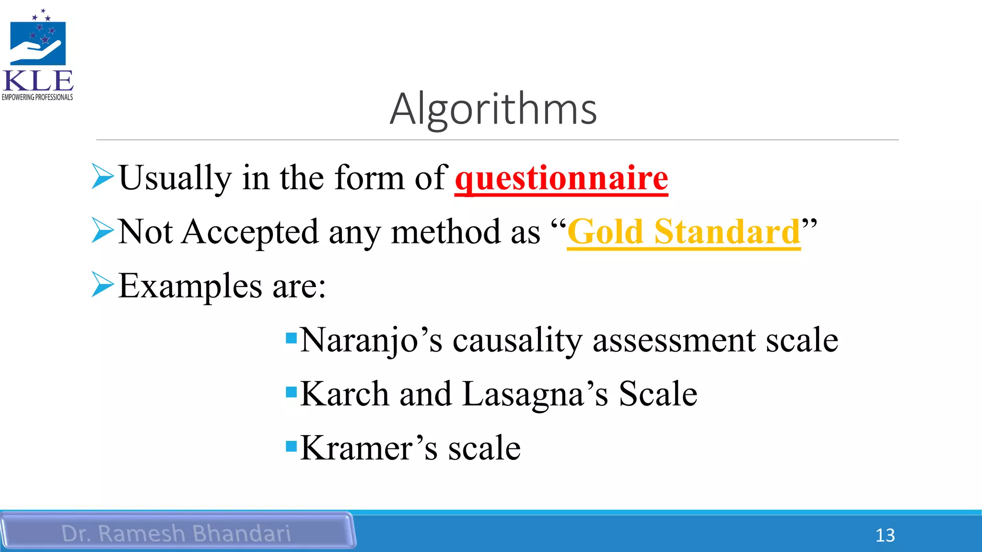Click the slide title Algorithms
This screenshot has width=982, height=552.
[493, 109]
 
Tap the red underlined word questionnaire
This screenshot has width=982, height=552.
[561, 178]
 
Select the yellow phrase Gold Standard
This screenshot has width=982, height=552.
[683, 232]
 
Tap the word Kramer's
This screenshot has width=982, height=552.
[369, 448]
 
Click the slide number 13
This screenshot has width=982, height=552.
[885, 535]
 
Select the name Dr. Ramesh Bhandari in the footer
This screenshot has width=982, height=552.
[176, 533]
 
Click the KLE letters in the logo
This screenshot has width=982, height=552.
[38, 80]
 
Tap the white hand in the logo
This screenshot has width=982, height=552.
[35, 51]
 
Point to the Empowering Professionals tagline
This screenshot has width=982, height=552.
[37, 97]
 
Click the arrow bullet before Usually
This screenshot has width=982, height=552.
[102, 176]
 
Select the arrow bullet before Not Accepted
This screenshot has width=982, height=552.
[102, 230]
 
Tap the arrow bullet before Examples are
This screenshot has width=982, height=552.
[102, 285]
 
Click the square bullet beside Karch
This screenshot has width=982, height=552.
[291, 392]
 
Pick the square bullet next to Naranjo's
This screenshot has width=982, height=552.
[291, 338]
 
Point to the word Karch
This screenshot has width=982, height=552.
[344, 394]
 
